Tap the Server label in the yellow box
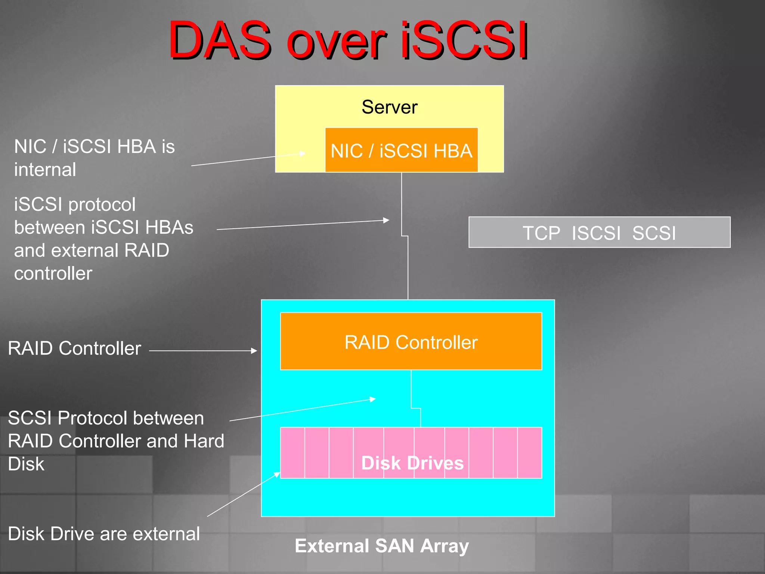(x=389, y=107)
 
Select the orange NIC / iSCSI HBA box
(x=401, y=151)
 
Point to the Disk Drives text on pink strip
(x=412, y=463)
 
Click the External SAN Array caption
(x=381, y=546)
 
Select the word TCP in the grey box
(x=541, y=233)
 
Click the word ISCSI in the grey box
(x=596, y=233)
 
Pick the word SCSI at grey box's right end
(x=654, y=233)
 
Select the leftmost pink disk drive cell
(x=292, y=453)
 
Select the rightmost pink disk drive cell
(x=530, y=453)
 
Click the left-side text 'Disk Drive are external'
(x=104, y=534)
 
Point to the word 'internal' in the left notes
(x=45, y=170)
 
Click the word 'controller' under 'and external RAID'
(x=53, y=274)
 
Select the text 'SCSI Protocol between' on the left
(x=106, y=418)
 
